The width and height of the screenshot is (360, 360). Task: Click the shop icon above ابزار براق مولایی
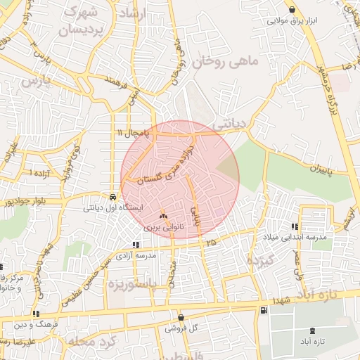[292, 9]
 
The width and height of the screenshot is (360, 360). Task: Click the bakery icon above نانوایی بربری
[163, 216]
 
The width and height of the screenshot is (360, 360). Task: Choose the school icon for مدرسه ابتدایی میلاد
[294, 226]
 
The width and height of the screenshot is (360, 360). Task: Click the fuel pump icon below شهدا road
[263, 310]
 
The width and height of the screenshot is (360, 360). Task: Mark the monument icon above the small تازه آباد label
[312, 330]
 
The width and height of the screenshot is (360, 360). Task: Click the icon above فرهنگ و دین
[36, 314]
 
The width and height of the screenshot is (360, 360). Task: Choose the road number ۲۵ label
[210, 242]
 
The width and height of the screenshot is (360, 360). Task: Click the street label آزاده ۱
[38, 172]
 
